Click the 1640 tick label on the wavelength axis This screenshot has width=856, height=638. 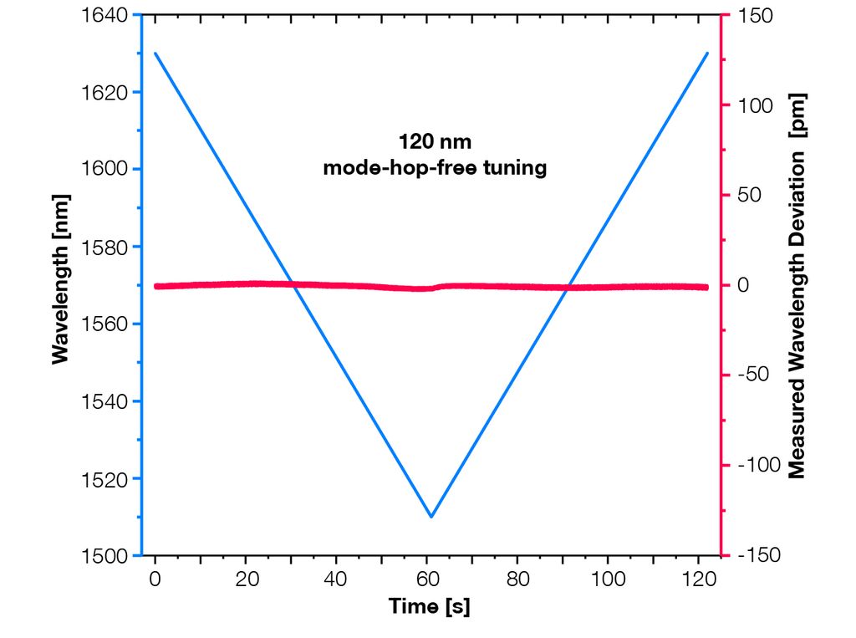[x=104, y=15]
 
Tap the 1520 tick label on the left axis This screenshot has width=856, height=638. [x=104, y=479]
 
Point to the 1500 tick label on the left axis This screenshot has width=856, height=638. [x=104, y=556]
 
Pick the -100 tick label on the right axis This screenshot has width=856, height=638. [x=759, y=466]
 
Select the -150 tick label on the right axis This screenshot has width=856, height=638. [x=759, y=556]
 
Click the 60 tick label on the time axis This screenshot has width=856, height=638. [x=427, y=579]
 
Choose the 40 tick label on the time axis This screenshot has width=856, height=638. [x=336, y=579]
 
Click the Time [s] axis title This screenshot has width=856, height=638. [x=429, y=606]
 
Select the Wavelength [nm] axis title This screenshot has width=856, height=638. [x=60, y=279]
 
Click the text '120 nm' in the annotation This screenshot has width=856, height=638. [x=434, y=141]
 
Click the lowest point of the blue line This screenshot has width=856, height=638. [x=431, y=517]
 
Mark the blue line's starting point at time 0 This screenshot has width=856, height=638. [x=155, y=53]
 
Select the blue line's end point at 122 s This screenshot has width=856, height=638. [x=707, y=53]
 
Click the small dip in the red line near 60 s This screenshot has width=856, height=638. [x=429, y=289]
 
